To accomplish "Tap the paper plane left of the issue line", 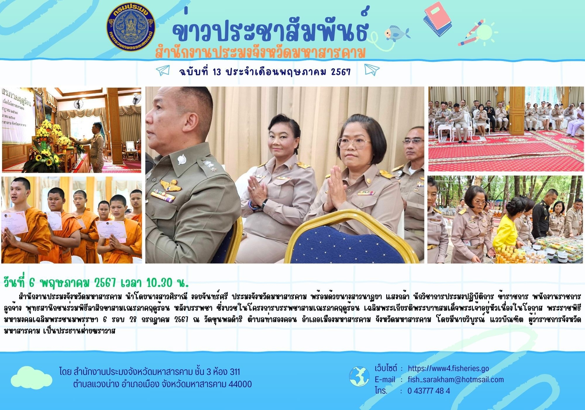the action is (x=163, y=70).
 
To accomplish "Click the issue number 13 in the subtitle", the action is (x=217, y=72).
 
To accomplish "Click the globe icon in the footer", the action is (x=359, y=377).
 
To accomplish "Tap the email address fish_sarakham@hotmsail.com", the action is (x=456, y=380).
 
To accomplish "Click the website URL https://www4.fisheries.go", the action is (x=448, y=368).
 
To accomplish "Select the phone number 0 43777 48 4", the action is (x=429, y=391).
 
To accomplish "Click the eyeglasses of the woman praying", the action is (x=354, y=143).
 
